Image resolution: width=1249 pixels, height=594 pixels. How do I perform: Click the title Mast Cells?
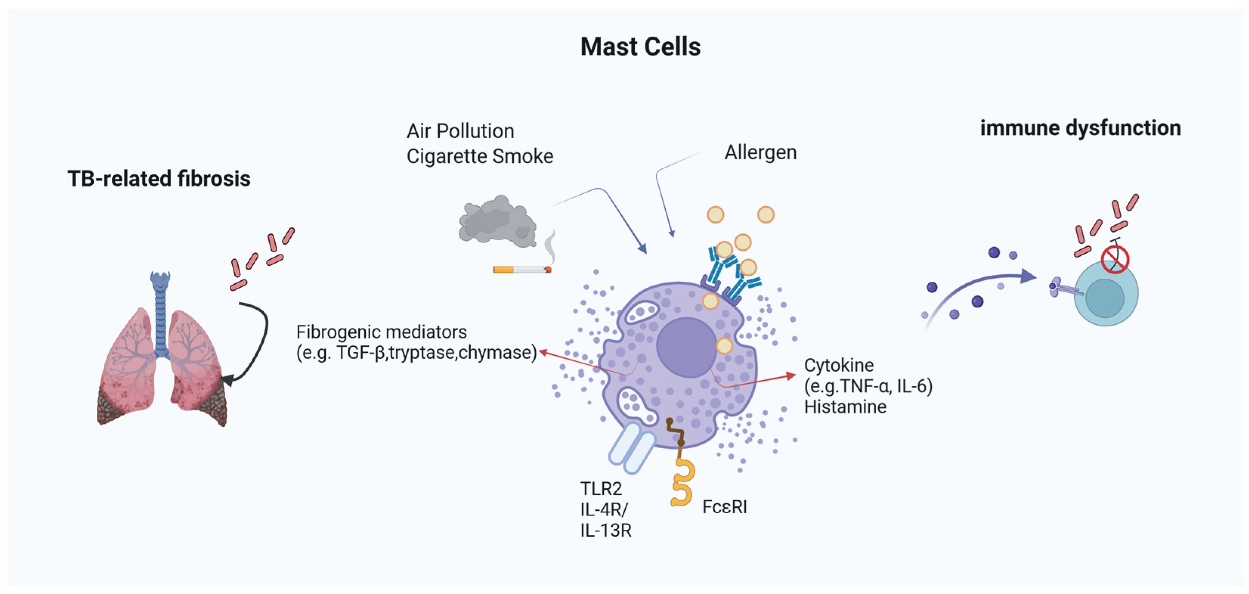click(x=640, y=47)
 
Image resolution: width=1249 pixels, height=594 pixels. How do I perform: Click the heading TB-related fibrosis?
click(x=159, y=178)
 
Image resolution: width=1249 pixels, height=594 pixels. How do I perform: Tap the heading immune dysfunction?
click(x=1080, y=128)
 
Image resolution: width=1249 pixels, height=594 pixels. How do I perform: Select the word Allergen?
click(x=760, y=153)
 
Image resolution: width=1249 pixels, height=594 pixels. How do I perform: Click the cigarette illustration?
click(x=522, y=269)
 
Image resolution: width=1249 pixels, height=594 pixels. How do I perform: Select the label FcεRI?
click(x=724, y=507)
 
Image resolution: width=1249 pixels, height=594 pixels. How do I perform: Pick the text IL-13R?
click(x=606, y=531)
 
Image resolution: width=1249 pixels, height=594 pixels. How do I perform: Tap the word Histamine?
click(x=845, y=407)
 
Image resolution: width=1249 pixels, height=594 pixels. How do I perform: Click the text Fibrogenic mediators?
click(x=381, y=332)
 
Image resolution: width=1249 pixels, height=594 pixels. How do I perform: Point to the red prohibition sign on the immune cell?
click(x=1115, y=259)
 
